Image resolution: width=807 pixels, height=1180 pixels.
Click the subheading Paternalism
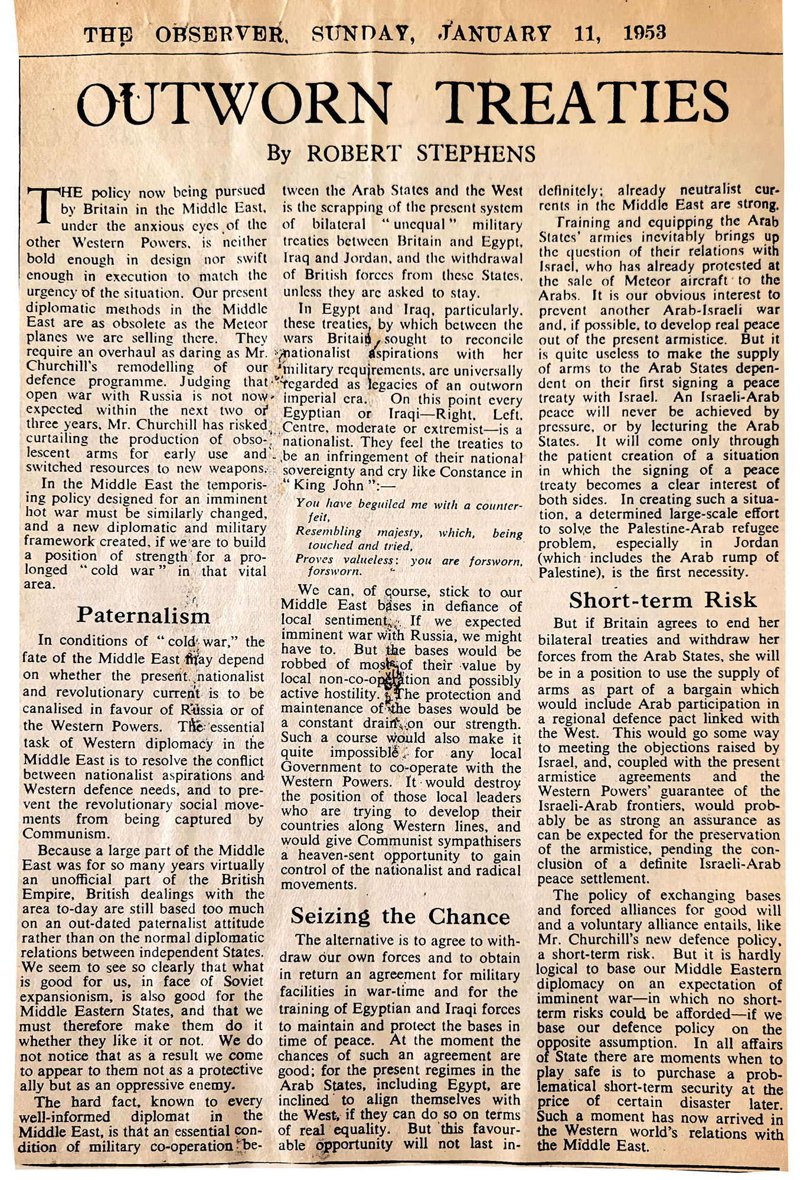pyautogui.click(x=143, y=615)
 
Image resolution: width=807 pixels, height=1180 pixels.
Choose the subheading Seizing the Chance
pyautogui.click(x=400, y=916)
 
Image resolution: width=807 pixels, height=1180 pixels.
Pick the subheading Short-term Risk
pyautogui.click(x=662, y=600)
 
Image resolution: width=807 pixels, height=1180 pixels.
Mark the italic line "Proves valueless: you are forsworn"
pyautogui.click(x=409, y=559)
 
